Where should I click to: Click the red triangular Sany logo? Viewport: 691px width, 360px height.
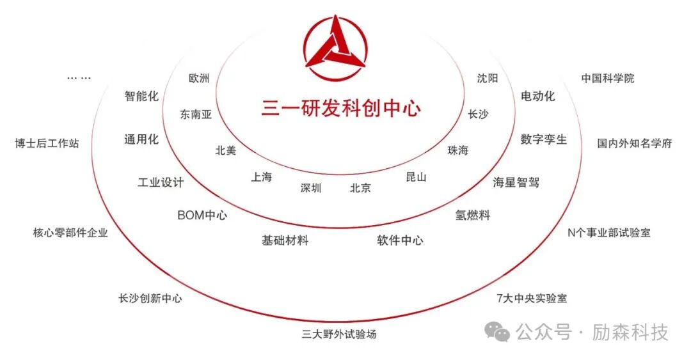(x=335, y=44)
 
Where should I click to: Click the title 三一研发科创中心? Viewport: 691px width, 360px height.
(x=341, y=108)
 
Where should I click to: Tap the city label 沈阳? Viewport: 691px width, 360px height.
(x=487, y=78)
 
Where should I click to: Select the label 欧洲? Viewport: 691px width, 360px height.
(x=199, y=78)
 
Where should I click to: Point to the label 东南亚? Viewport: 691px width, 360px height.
(x=196, y=114)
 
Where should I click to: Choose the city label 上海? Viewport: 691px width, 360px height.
(x=261, y=177)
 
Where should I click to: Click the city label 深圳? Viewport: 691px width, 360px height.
(x=311, y=188)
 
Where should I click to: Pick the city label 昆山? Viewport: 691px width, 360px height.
(x=416, y=177)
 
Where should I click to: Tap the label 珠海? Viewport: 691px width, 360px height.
(x=458, y=150)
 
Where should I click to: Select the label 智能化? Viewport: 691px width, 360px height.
(x=141, y=97)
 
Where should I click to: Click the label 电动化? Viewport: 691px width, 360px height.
(x=537, y=97)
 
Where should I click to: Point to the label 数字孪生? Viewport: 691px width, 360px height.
(x=544, y=139)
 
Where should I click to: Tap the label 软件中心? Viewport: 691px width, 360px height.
(x=400, y=240)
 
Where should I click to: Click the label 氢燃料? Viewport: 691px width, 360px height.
(x=472, y=215)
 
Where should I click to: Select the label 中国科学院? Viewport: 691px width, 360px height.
(x=608, y=78)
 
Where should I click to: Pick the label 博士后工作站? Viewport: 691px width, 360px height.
(x=47, y=143)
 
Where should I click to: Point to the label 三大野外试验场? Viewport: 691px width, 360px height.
(x=339, y=334)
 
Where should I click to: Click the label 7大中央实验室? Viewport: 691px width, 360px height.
(x=532, y=298)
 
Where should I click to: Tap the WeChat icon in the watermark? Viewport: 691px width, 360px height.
(x=497, y=332)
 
